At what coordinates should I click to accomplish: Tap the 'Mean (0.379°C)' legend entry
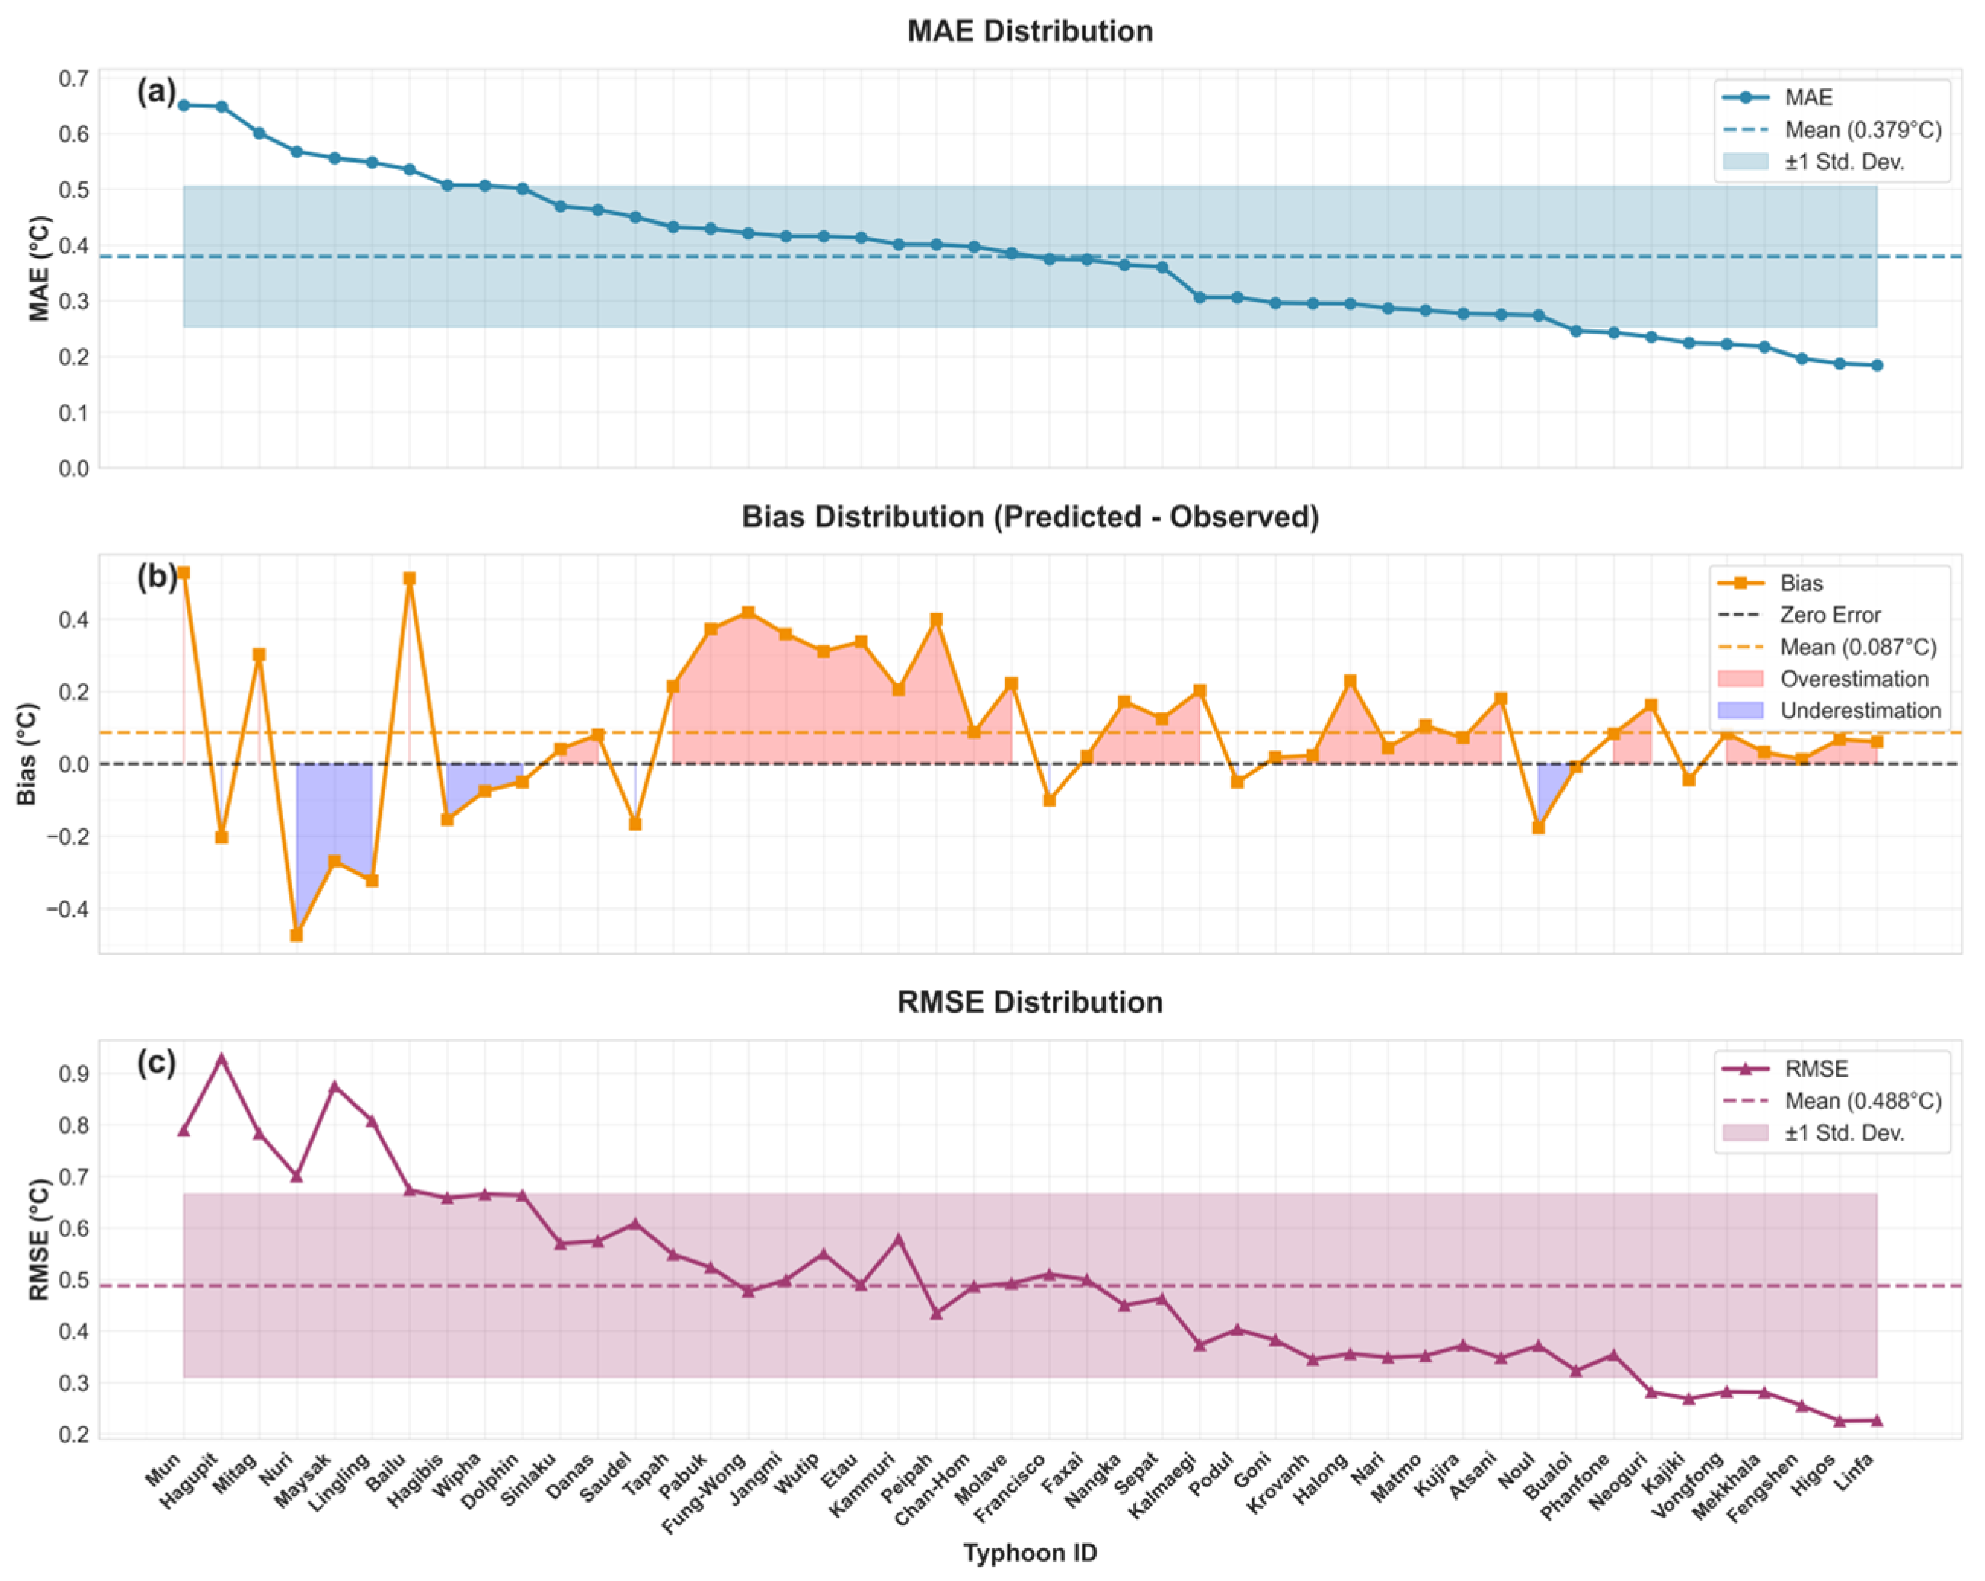tap(1862, 130)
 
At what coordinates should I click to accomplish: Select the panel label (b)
tap(155, 577)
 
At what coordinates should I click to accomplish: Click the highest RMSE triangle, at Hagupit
tap(221, 1060)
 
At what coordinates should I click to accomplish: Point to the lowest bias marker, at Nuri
tap(296, 935)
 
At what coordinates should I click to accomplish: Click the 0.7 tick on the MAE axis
tap(74, 78)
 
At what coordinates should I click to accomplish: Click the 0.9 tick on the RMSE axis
tap(74, 1074)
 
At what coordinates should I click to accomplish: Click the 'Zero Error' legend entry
tap(1830, 614)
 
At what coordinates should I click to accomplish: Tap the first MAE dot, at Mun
tap(184, 105)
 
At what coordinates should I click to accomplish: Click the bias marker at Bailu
tap(410, 578)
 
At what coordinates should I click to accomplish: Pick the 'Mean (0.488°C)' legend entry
tap(1862, 1100)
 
